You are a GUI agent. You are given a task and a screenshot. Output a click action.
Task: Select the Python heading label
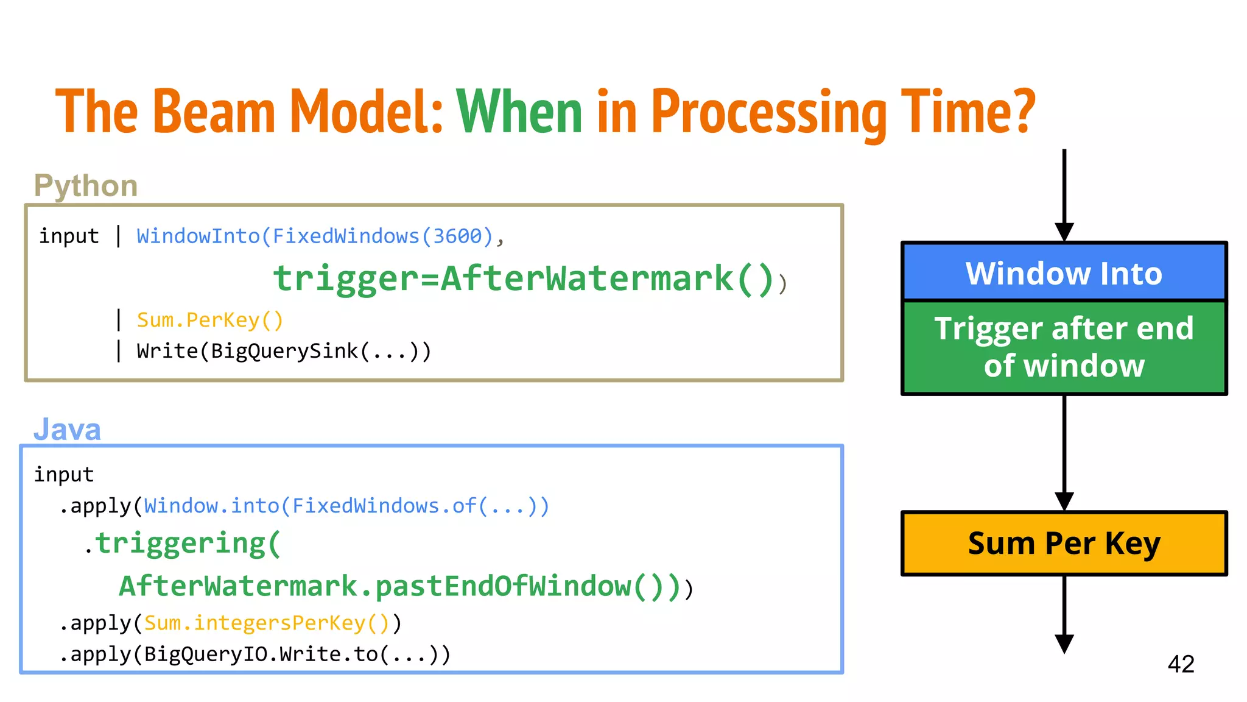pos(86,185)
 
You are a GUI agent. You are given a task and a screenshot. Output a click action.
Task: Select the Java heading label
pos(67,430)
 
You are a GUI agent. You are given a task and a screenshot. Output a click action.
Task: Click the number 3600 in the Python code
pos(457,236)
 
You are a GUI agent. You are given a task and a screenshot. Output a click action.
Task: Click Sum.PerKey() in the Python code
pos(210,320)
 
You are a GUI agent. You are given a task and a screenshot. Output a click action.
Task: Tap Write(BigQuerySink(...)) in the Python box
pos(284,351)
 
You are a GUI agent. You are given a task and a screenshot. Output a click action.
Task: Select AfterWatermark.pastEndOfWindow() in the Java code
pos(399,586)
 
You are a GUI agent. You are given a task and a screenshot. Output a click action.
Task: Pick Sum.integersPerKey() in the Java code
pos(266,623)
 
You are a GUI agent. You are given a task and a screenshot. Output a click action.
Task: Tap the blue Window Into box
pos(1064,272)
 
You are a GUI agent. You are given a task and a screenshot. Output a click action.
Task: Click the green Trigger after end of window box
pos(1064,347)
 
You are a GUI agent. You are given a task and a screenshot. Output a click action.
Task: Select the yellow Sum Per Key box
pos(1064,543)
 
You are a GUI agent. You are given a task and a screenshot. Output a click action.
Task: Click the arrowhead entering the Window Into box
pos(1064,232)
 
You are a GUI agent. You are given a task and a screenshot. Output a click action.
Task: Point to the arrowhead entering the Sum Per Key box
pos(1064,502)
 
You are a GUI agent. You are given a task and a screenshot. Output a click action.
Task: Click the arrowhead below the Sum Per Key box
pos(1064,643)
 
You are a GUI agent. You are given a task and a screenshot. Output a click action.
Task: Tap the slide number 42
pos(1181,664)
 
